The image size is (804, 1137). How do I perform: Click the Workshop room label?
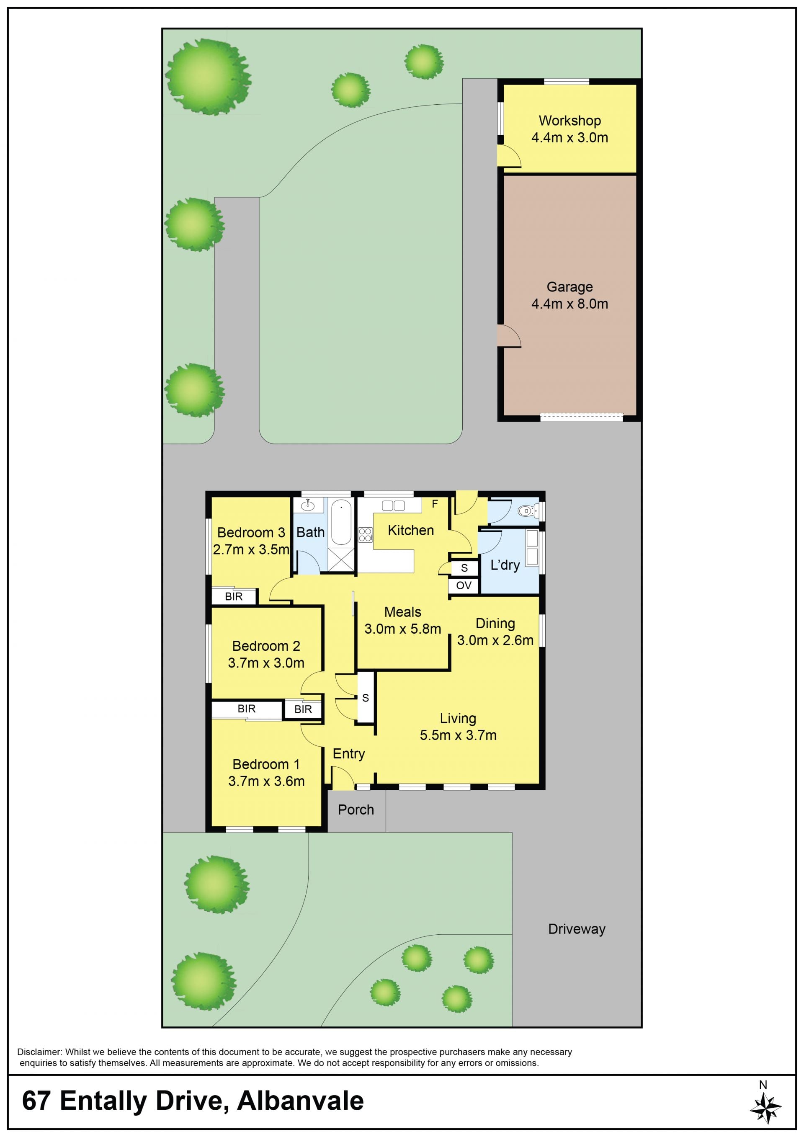click(570, 121)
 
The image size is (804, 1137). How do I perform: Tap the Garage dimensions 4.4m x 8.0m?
click(570, 304)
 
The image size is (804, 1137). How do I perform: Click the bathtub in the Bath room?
click(341, 523)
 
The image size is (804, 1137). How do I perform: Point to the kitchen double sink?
click(394, 505)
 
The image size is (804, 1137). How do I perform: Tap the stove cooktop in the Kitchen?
click(366, 535)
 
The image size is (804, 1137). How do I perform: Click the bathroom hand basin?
click(307, 505)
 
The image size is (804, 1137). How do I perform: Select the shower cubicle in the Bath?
click(341, 559)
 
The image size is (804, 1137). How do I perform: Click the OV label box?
click(464, 585)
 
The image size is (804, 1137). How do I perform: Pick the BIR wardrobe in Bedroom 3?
click(234, 596)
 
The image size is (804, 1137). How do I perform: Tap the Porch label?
click(356, 810)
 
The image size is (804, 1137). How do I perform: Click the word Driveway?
click(577, 930)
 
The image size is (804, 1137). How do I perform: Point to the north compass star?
click(765, 1108)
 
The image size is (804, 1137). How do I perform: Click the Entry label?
click(349, 754)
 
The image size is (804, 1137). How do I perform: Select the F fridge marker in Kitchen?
click(435, 504)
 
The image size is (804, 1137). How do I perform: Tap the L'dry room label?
click(505, 565)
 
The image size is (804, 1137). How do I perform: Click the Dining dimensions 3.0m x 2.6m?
click(495, 640)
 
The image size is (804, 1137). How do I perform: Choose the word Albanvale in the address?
click(301, 1101)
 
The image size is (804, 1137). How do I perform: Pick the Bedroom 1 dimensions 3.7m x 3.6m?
click(266, 781)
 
